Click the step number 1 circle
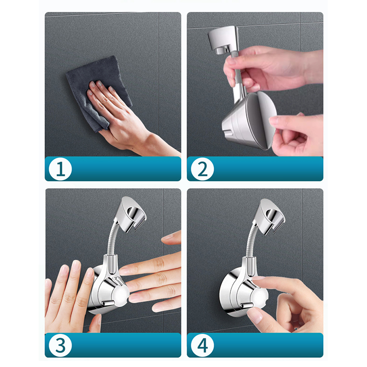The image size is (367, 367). pos(60,169)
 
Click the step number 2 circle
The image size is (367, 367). pos(202,169)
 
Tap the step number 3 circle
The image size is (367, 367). pos(60,345)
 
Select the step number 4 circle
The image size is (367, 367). pos(202,345)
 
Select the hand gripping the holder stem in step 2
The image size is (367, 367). pos(269,68)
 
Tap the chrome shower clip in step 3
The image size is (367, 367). pos(130,214)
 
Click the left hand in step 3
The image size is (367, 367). pos(70,297)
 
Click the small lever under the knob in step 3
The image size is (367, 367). pos(108,303)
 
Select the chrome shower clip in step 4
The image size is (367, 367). pos(269,217)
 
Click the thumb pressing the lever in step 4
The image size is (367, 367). pos(255,314)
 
